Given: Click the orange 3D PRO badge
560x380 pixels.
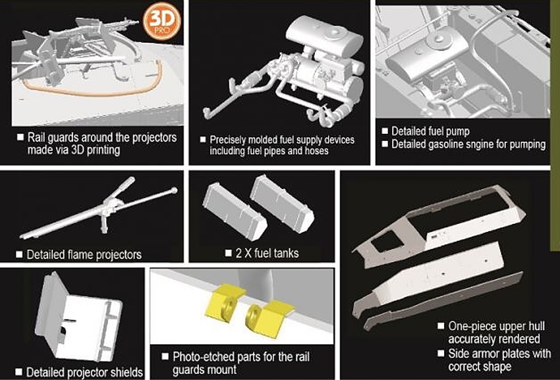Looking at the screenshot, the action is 162,21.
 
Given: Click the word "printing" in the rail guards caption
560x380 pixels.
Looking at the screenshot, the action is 103,150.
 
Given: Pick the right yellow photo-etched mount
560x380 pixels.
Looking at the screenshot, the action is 269,318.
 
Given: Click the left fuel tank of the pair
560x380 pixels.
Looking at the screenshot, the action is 235,211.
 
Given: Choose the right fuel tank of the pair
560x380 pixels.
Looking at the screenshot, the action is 282,204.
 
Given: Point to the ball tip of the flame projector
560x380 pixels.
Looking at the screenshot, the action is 174,190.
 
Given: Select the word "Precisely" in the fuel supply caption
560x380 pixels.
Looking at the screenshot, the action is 227,140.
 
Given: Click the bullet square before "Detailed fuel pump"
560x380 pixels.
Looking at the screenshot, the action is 385,130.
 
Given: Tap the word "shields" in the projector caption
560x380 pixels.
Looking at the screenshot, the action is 126,373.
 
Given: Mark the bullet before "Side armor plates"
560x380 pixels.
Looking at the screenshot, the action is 441,354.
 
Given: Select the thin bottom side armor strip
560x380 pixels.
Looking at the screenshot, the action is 443,301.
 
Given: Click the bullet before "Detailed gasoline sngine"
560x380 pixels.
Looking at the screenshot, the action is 385,144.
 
